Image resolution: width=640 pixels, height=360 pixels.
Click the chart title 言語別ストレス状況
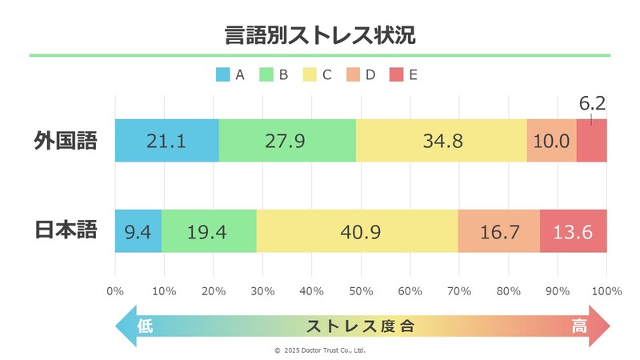[319, 35]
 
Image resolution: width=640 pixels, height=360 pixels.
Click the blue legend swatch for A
[222, 75]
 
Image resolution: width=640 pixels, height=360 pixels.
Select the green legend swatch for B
[266, 75]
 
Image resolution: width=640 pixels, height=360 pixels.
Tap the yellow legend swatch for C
[310, 75]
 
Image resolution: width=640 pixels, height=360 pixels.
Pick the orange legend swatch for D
[353, 75]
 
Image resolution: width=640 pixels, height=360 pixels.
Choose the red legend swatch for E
[396, 75]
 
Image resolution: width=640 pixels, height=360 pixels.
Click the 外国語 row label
[66, 141]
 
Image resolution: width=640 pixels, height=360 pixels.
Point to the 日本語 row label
[66, 230]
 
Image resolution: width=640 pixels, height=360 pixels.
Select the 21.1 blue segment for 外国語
[166, 141]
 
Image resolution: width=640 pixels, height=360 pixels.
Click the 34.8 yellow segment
[441, 141]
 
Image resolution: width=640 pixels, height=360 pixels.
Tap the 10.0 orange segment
[551, 141]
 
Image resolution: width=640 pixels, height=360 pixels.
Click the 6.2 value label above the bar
[592, 103]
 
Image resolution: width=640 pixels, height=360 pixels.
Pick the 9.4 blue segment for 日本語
[138, 231]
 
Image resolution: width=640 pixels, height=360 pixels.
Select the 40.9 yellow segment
[357, 231]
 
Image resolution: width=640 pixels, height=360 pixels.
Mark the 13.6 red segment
[573, 231]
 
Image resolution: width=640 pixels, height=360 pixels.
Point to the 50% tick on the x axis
[361, 290]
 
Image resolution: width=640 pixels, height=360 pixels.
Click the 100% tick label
[606, 290]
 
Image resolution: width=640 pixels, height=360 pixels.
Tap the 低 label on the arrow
[144, 326]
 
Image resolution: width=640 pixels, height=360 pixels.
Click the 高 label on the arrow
[580, 326]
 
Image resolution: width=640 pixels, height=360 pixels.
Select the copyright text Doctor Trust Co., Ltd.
[320, 350]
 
